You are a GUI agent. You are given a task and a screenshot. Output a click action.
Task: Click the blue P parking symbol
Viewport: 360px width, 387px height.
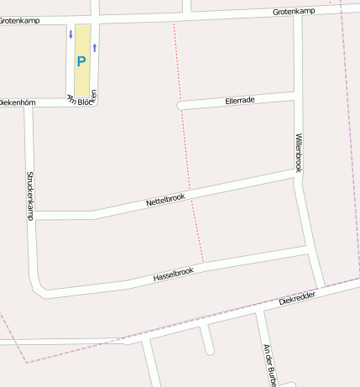(81, 61)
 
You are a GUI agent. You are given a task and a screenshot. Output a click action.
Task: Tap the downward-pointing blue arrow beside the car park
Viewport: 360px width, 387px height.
(70, 34)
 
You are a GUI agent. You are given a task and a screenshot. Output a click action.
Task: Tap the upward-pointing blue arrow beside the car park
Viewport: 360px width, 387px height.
(95, 47)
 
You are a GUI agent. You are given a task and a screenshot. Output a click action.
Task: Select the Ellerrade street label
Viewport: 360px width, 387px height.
(240, 100)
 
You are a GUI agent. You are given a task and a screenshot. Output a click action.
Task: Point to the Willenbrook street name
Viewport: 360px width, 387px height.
(299, 152)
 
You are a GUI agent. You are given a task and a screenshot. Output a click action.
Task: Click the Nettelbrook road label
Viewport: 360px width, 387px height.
(165, 201)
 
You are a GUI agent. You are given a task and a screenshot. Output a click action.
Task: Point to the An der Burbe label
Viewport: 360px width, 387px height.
(269, 364)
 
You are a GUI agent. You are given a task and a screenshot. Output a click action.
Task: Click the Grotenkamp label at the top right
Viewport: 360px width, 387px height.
(294, 11)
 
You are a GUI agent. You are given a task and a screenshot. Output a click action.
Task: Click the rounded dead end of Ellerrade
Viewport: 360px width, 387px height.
(180, 106)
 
